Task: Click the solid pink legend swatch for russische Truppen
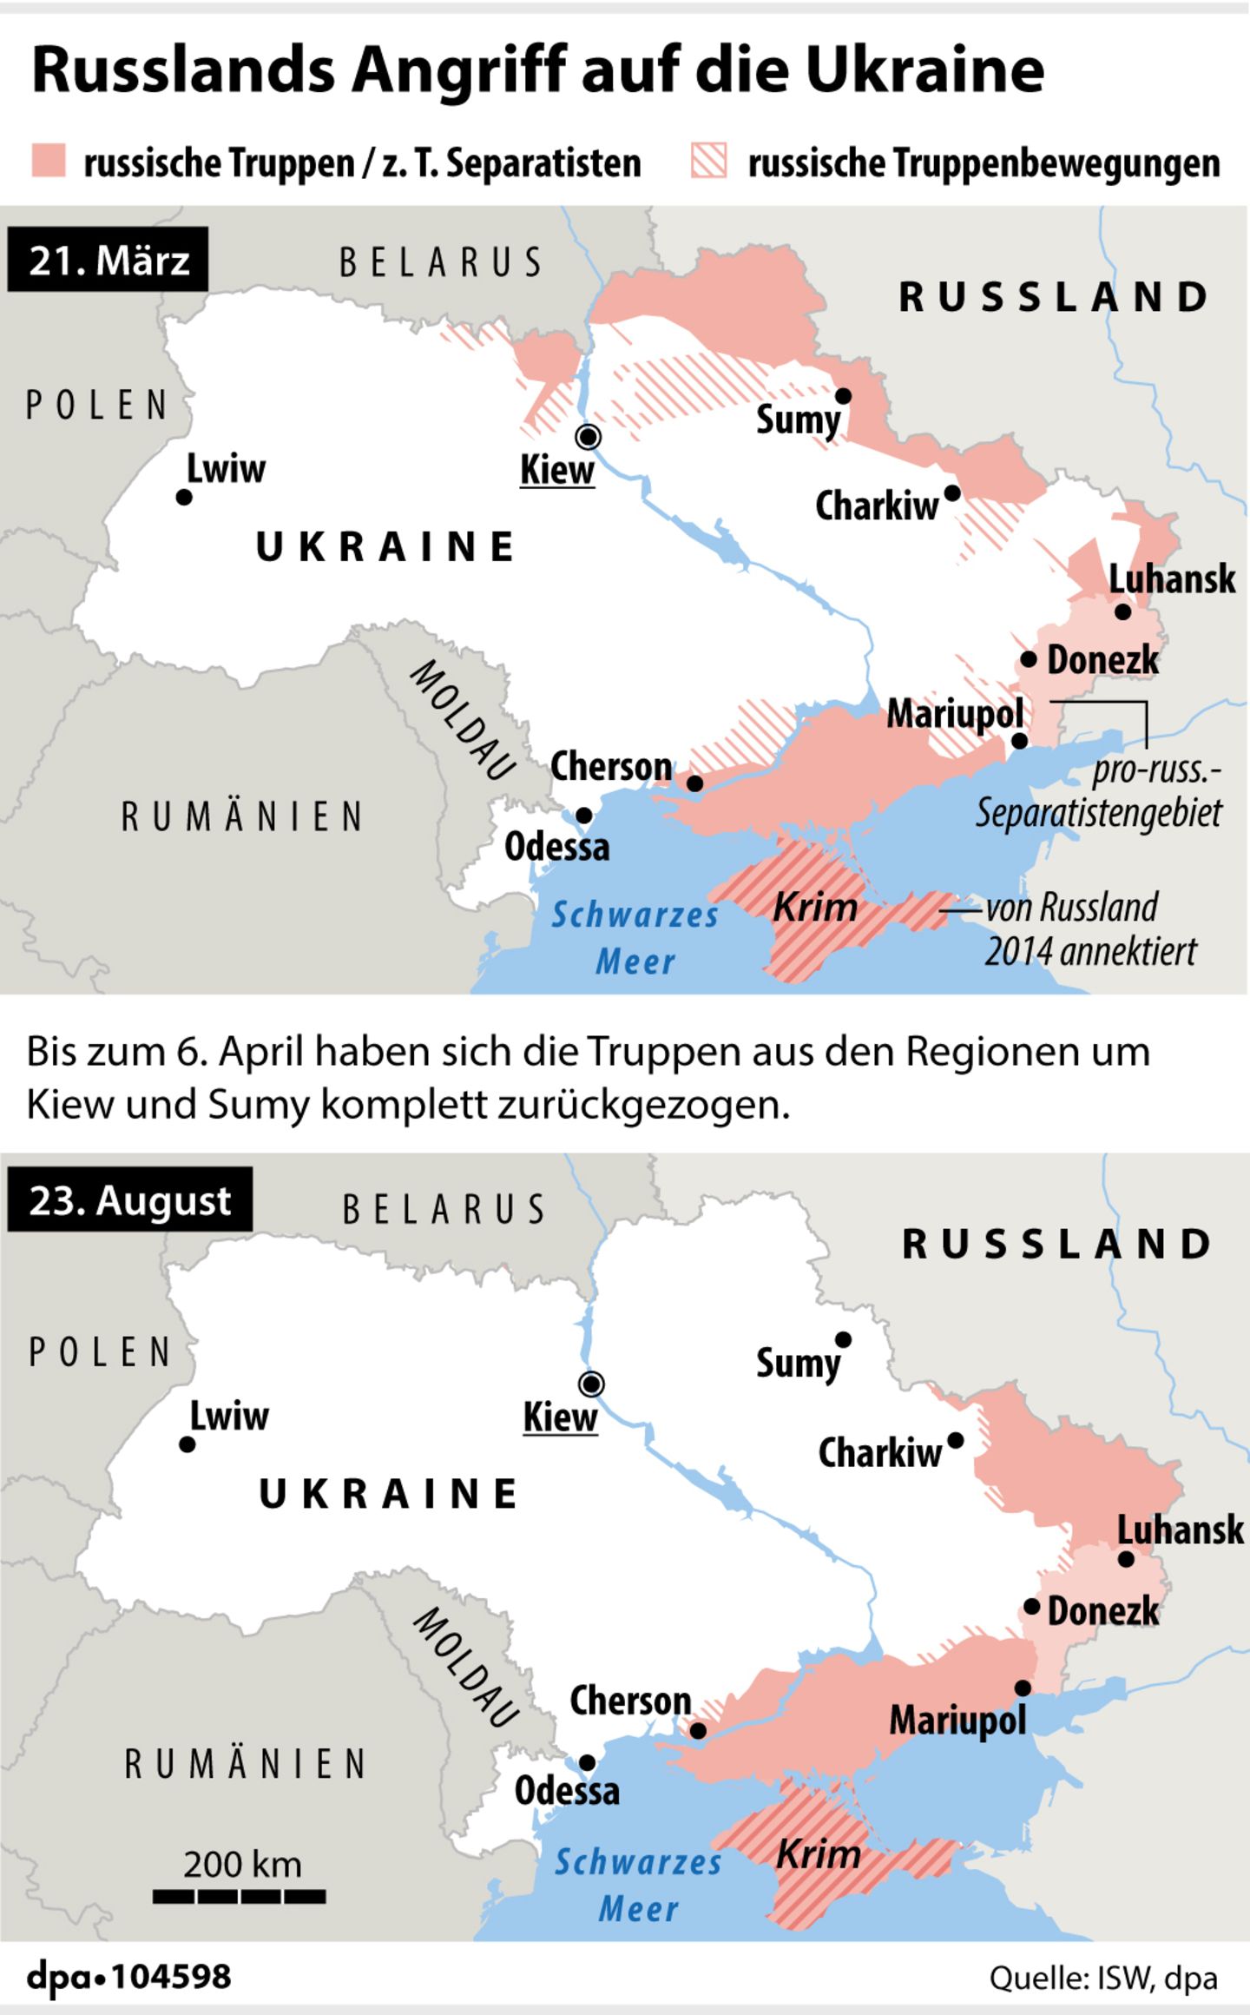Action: [x=49, y=162]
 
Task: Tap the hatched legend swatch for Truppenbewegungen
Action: [x=708, y=162]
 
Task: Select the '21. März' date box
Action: [x=109, y=260]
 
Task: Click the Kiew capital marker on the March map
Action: [x=589, y=436]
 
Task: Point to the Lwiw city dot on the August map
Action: [x=187, y=1444]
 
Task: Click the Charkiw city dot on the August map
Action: [x=956, y=1441]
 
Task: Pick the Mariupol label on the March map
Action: [x=955, y=715]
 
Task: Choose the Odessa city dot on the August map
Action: [x=587, y=1763]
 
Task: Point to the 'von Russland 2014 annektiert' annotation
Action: [x=1089, y=929]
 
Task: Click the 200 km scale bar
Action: [x=240, y=1897]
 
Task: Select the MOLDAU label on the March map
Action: [x=463, y=720]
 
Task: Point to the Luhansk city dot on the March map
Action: [x=1122, y=611]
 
